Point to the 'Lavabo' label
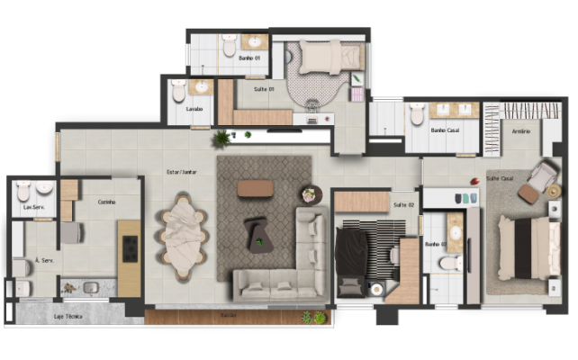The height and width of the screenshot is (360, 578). click(x=195, y=110)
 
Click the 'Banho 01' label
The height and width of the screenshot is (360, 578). click(x=249, y=58)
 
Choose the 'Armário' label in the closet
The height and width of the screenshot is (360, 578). click(x=520, y=131)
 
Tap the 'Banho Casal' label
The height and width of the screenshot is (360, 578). click(x=446, y=131)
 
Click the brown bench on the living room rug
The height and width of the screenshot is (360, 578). click(x=255, y=188)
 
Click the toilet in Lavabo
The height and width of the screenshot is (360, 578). click(x=178, y=91)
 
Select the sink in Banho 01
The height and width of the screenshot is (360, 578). click(x=254, y=42)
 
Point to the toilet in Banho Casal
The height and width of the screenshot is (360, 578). click(x=417, y=114)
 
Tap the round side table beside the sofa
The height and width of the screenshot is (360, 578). click(x=312, y=193)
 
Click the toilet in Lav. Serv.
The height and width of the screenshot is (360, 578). click(x=23, y=190)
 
